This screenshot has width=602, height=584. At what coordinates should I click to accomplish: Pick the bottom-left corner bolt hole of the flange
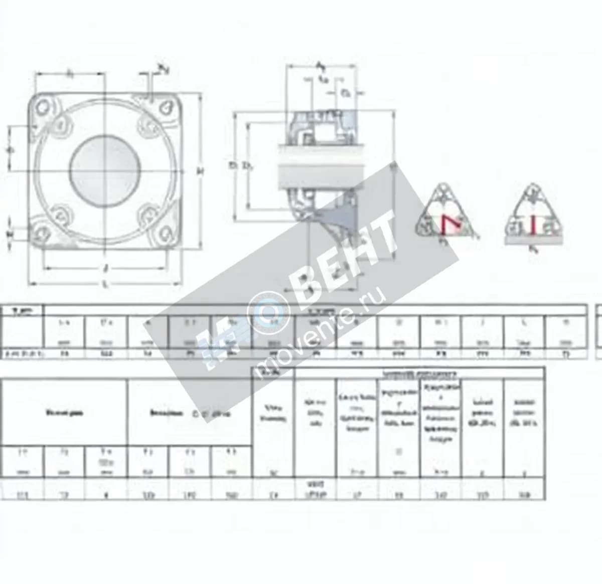(x=41, y=233)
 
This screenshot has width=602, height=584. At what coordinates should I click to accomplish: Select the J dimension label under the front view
(x=105, y=268)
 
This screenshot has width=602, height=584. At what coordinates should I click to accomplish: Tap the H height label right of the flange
(x=200, y=171)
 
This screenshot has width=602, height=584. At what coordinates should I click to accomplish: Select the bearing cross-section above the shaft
(x=321, y=128)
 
